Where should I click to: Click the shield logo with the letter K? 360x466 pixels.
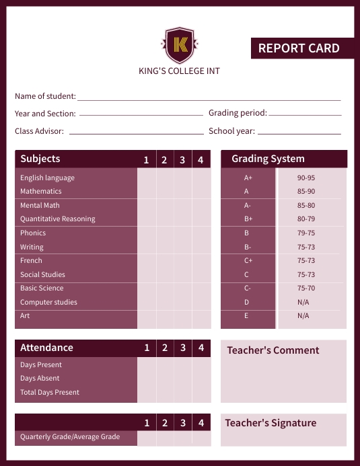(179, 44)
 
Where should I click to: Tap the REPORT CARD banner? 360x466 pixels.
(299, 48)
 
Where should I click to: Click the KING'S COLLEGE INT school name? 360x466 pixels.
(179, 71)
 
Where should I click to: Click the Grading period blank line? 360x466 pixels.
(305, 114)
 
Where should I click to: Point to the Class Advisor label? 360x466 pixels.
(39, 131)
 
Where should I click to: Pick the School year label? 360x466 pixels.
(231, 131)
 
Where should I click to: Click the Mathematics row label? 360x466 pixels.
(40, 191)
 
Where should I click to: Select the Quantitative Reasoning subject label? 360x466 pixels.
(57, 219)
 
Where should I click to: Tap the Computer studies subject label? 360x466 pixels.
(48, 302)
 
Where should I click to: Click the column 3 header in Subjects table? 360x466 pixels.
(182, 160)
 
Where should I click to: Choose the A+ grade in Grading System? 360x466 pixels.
(248, 178)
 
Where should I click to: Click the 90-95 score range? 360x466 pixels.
(305, 178)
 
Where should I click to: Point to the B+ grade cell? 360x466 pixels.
(248, 219)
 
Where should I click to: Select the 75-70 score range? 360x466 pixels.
(305, 288)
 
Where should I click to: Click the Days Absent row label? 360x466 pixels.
(40, 378)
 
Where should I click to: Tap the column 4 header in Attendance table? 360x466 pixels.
(201, 348)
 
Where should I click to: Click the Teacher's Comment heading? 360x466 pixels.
(273, 350)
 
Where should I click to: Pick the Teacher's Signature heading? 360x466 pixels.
(271, 423)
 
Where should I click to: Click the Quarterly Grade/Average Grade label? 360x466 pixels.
(70, 436)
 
